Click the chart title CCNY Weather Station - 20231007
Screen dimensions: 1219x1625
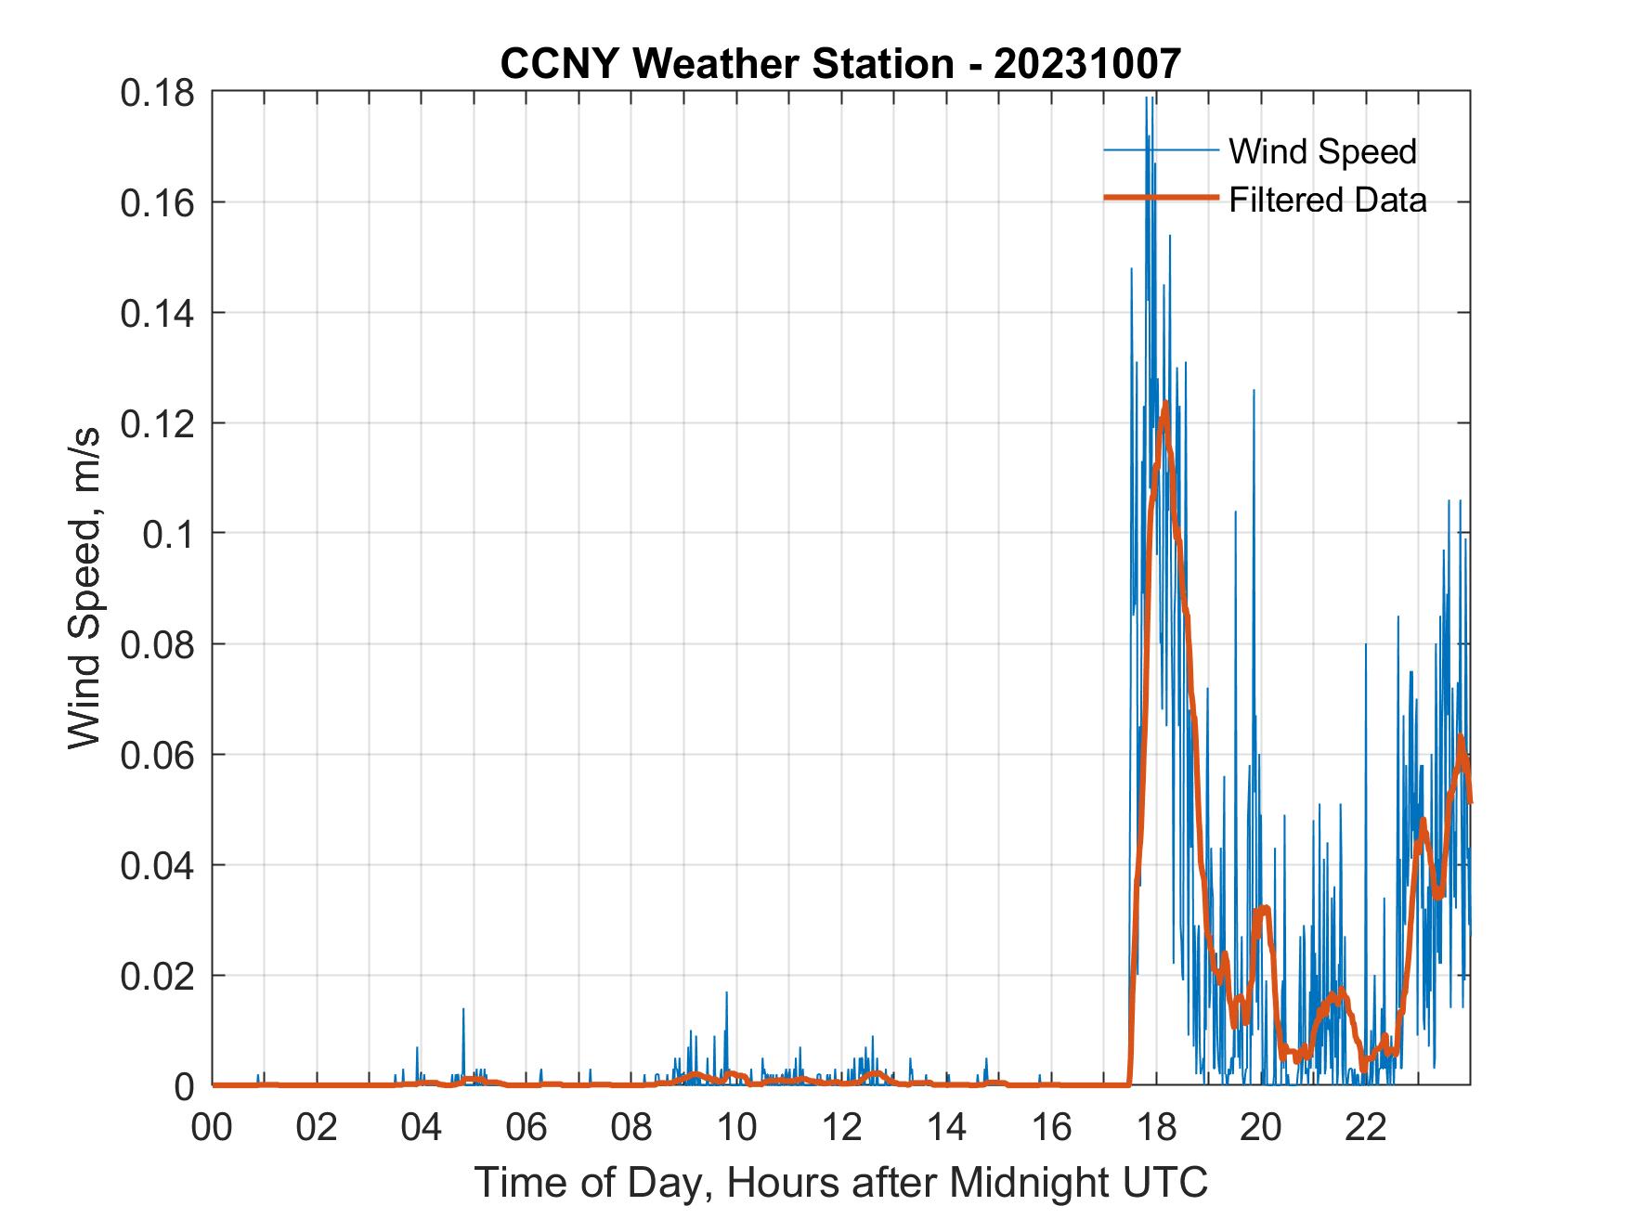[x=840, y=64]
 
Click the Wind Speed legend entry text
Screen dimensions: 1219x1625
[x=1322, y=151]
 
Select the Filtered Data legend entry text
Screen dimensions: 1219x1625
[x=1327, y=200]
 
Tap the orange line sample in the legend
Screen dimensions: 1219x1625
[x=1161, y=198]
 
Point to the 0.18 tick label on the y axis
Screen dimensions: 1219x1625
[x=158, y=93]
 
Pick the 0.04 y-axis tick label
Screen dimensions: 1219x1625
[x=158, y=865]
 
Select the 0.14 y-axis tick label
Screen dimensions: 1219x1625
[x=158, y=314]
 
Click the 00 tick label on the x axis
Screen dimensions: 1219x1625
[x=213, y=1128]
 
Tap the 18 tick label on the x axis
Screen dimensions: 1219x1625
[x=1156, y=1128]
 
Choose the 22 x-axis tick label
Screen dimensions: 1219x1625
[x=1366, y=1128]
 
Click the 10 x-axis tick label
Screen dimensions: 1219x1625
[x=736, y=1128]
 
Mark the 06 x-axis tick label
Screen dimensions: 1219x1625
[x=526, y=1128]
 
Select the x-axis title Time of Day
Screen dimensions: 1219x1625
[x=840, y=1183]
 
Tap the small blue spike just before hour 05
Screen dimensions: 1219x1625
[x=463, y=1010]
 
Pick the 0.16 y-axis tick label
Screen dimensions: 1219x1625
[x=158, y=203]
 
